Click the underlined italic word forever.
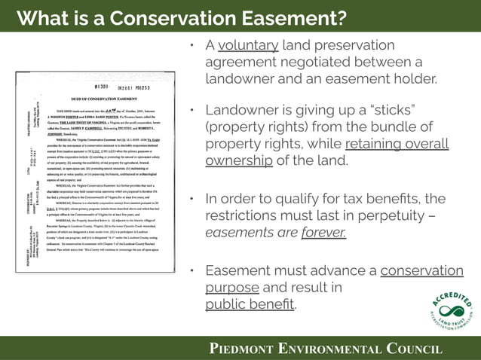[323, 232]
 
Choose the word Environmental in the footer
[331, 348]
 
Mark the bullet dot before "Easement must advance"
[194, 271]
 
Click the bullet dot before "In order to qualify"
[194, 200]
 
